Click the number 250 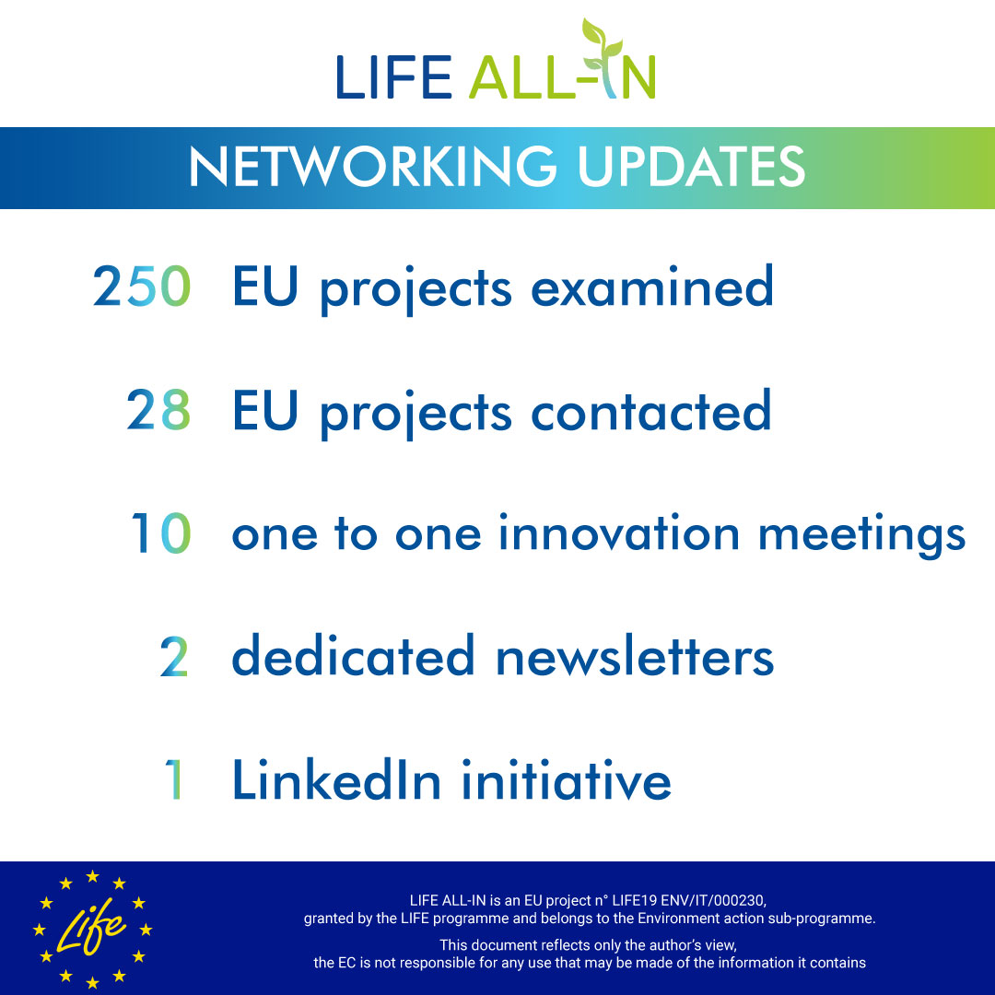pos(142,287)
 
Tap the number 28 pos(158,411)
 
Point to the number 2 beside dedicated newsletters pos(174,657)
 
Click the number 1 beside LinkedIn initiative pos(174,780)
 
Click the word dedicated pos(353,657)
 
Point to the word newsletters pos(635,657)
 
